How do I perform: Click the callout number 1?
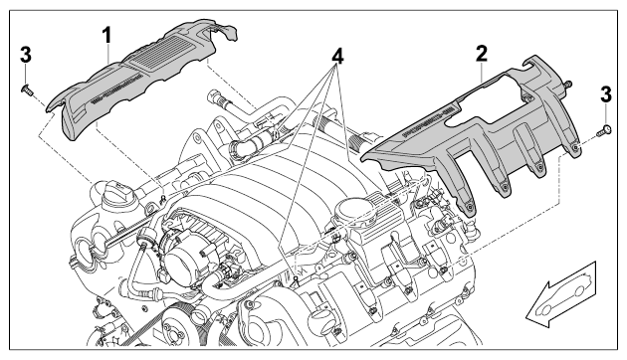tap(106, 36)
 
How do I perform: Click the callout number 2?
tap(482, 54)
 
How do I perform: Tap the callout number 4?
tap(337, 57)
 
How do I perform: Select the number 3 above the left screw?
tap(26, 55)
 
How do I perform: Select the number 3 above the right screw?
tap(606, 95)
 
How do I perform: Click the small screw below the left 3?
tap(27, 89)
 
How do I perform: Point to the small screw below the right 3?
tap(604, 130)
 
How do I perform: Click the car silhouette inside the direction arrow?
tap(563, 296)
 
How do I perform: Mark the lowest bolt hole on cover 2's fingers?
tap(470, 208)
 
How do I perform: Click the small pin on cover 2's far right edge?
tap(566, 84)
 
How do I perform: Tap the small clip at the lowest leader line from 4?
tap(296, 279)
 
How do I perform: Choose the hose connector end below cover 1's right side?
tap(214, 96)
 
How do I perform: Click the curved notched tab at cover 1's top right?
tap(227, 31)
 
